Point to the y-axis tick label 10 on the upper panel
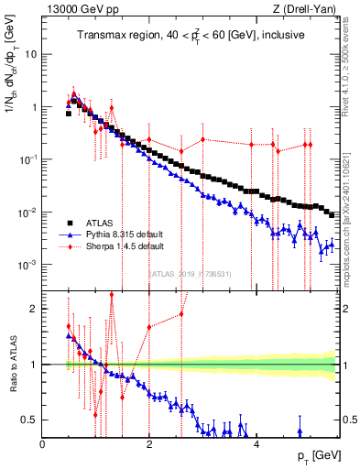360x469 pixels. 30,54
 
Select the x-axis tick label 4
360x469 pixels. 256,444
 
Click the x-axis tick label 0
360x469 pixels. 42,444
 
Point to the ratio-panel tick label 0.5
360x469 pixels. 29,420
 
